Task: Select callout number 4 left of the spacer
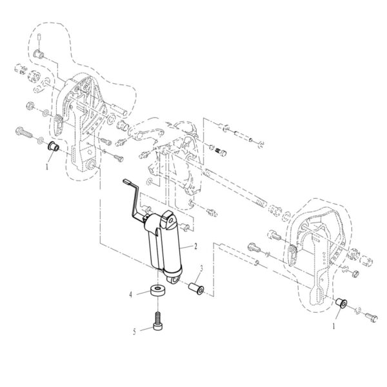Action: (131, 293)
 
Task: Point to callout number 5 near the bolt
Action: (134, 332)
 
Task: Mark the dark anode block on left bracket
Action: (58, 120)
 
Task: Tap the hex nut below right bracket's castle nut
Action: (355, 275)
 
